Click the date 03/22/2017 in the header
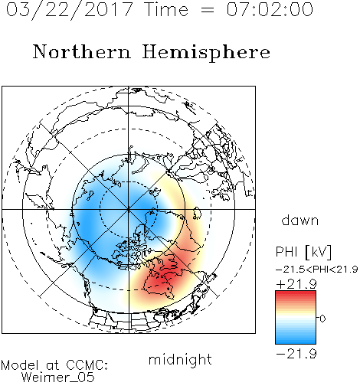(70, 10)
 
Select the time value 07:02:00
(270, 9)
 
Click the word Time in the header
(166, 9)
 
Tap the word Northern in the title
(82, 51)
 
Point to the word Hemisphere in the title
(206, 53)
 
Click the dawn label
(300, 220)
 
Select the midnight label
(180, 360)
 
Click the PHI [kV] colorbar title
(303, 252)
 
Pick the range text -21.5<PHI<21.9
(316, 270)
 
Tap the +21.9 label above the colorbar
(296, 284)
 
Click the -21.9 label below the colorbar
(296, 354)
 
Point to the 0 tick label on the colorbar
(322, 319)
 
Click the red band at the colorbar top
(296, 294)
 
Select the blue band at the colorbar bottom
(296, 340)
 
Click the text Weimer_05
(58, 378)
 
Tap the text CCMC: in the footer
(87, 365)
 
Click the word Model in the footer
(20, 365)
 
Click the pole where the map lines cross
(129, 209)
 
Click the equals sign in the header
(208, 10)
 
